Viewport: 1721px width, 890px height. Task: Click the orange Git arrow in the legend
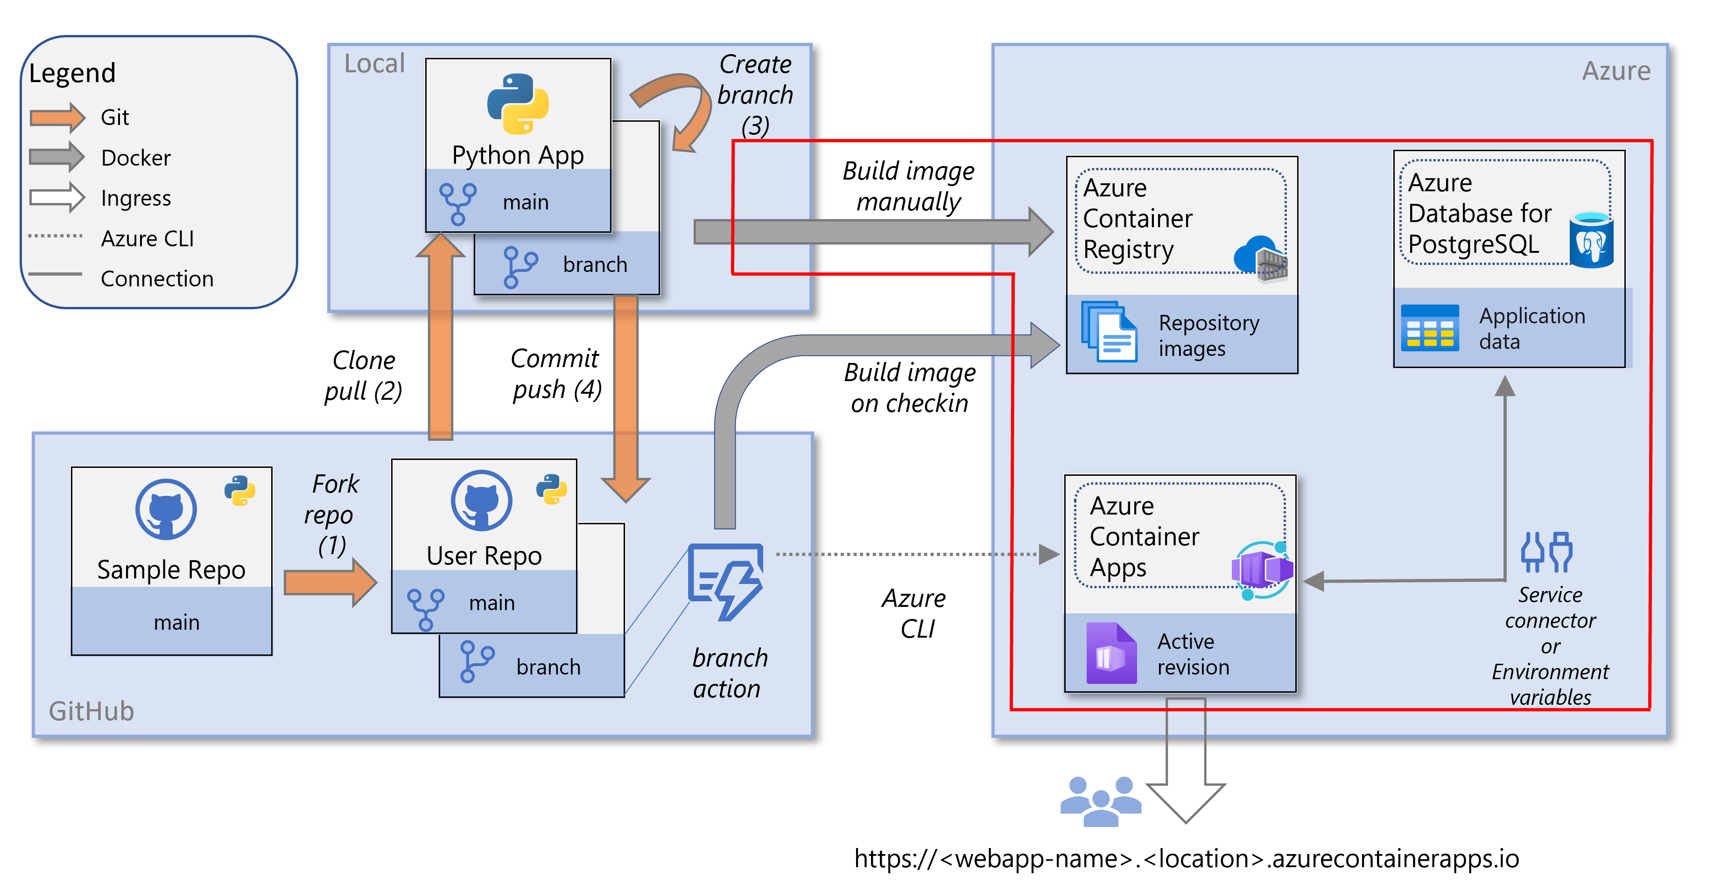click(x=57, y=118)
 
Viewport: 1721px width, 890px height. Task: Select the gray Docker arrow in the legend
click(x=57, y=158)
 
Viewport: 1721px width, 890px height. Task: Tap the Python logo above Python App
click(x=518, y=104)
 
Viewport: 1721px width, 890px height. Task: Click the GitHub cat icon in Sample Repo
click(x=166, y=509)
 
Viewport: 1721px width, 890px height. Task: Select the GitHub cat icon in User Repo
click(x=481, y=501)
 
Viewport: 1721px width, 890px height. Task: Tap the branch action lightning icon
click(x=726, y=581)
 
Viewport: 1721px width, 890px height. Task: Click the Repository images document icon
click(x=1109, y=332)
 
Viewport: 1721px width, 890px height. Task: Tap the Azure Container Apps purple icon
click(x=1261, y=570)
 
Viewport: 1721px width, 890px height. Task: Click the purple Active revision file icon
click(x=1110, y=653)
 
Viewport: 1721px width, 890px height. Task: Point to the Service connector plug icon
click(x=1546, y=552)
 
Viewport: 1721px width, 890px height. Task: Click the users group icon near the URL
click(x=1100, y=801)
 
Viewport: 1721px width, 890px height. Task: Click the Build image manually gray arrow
click(x=869, y=232)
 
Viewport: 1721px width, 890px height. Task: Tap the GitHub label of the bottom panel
click(x=91, y=711)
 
